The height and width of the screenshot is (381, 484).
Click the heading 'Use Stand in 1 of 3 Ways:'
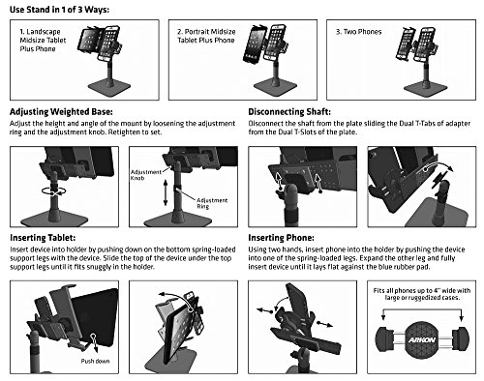[59, 10]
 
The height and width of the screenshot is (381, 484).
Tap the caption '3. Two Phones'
[359, 32]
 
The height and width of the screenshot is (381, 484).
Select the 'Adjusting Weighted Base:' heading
[61, 112]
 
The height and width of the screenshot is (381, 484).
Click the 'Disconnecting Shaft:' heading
[289, 112]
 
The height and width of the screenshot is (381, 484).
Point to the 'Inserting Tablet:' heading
[43, 238]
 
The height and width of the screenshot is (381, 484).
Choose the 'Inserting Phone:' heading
[281, 238]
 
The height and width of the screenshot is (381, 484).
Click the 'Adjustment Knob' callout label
[146, 175]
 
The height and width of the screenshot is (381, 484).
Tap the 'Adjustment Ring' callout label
[212, 203]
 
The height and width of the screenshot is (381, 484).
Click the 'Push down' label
[95, 361]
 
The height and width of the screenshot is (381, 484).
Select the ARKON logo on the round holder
[422, 339]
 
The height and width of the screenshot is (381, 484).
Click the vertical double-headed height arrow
[166, 192]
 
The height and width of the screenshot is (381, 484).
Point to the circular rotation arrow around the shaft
[54, 191]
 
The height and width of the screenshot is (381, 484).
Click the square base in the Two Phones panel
[425, 88]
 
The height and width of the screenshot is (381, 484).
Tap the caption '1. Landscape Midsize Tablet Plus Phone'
[43, 41]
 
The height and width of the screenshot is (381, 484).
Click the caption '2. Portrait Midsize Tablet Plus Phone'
[206, 36]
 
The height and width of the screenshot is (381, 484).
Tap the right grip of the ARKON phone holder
[461, 339]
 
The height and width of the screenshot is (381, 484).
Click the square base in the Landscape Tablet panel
[109, 87]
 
